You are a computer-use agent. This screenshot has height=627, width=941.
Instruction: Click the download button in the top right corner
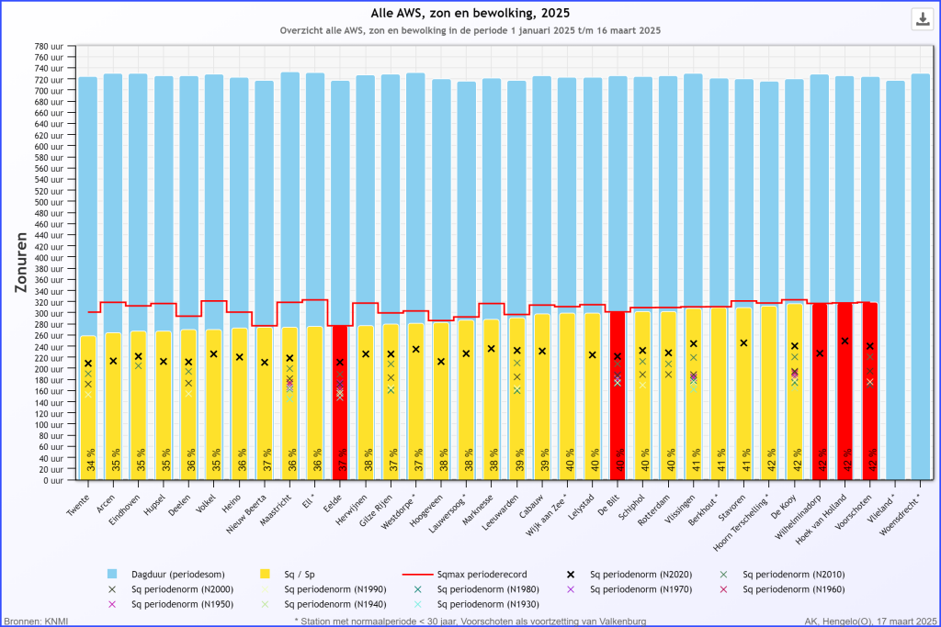921,19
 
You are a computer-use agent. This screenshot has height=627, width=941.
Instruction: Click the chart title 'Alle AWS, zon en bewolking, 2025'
470,13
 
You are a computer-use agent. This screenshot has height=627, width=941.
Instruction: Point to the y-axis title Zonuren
22,262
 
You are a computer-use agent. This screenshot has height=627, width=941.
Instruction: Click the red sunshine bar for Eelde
340,404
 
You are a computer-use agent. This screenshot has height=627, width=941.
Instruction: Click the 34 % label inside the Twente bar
89,458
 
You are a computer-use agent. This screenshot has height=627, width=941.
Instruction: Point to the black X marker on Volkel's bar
214,354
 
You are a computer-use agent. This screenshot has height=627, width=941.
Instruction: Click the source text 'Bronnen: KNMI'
35,621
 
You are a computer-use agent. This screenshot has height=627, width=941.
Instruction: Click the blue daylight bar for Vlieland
896,275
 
